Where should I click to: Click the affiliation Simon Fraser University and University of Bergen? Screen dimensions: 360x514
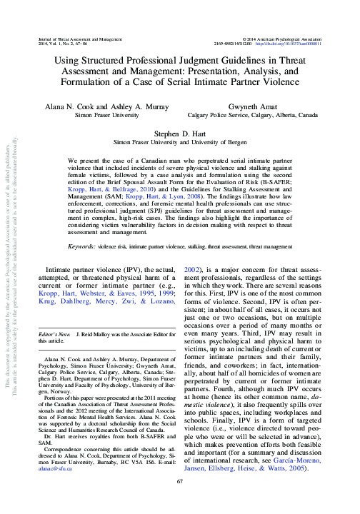tap(180, 142)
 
